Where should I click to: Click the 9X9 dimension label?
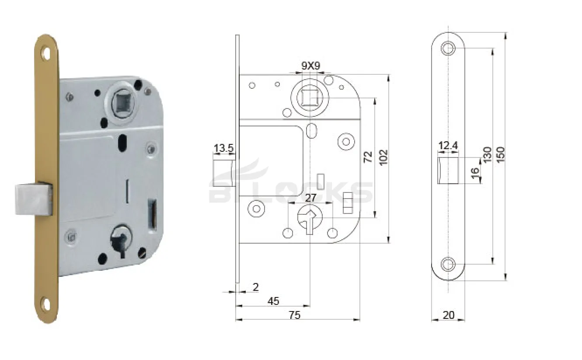[x=311, y=66]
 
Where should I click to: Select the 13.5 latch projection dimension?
[x=223, y=148]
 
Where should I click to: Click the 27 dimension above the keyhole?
[x=310, y=198]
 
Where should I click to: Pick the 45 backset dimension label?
[x=273, y=301]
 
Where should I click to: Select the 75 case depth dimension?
[x=295, y=315]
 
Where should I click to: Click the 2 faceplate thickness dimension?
[x=256, y=287]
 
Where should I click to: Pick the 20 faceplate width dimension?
[x=449, y=315]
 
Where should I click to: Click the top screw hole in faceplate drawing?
[x=448, y=48]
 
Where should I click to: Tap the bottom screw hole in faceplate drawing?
[x=448, y=264]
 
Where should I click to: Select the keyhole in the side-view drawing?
[x=310, y=219]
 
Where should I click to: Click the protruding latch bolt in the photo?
[x=33, y=199]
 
